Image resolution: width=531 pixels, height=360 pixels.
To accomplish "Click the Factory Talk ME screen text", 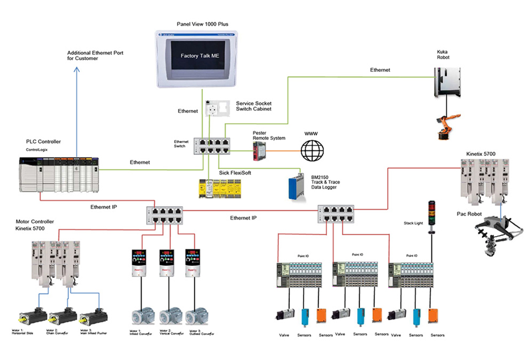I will tap(200, 56).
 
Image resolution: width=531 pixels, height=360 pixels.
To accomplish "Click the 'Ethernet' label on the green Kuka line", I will tap(380, 70).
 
